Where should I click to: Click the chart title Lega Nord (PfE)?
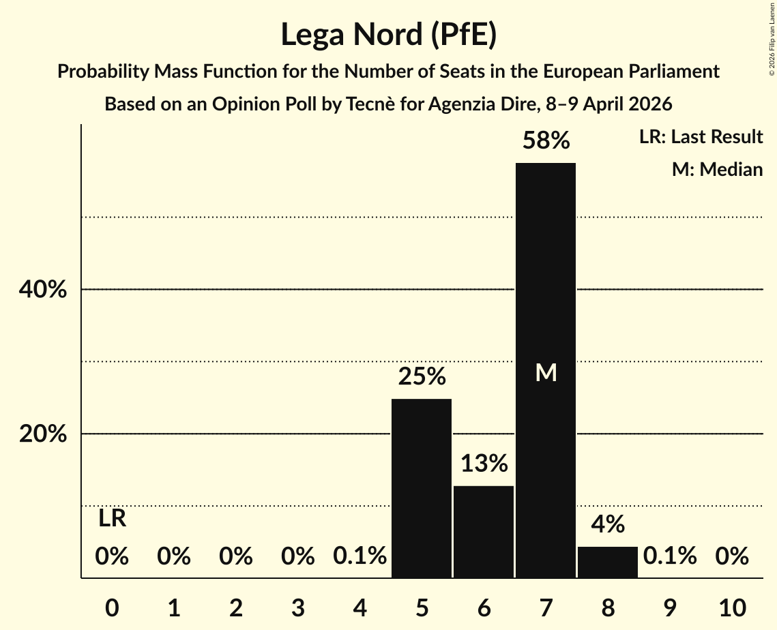click(x=388, y=34)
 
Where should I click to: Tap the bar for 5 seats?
click(x=422, y=488)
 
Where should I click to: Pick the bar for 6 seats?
click(x=484, y=532)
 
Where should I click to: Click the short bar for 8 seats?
click(x=608, y=562)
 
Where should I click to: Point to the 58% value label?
click(x=546, y=141)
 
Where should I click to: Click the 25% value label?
click(x=422, y=376)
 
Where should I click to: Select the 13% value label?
click(x=484, y=464)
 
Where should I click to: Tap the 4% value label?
click(x=608, y=524)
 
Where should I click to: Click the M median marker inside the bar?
click(x=546, y=372)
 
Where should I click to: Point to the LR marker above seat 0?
click(x=112, y=519)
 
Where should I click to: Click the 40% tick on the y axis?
click(x=42, y=290)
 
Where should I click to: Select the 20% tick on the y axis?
click(x=42, y=434)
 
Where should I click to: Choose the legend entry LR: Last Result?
click(x=701, y=137)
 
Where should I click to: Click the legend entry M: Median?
click(x=717, y=169)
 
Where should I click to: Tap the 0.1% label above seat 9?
click(x=670, y=557)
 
